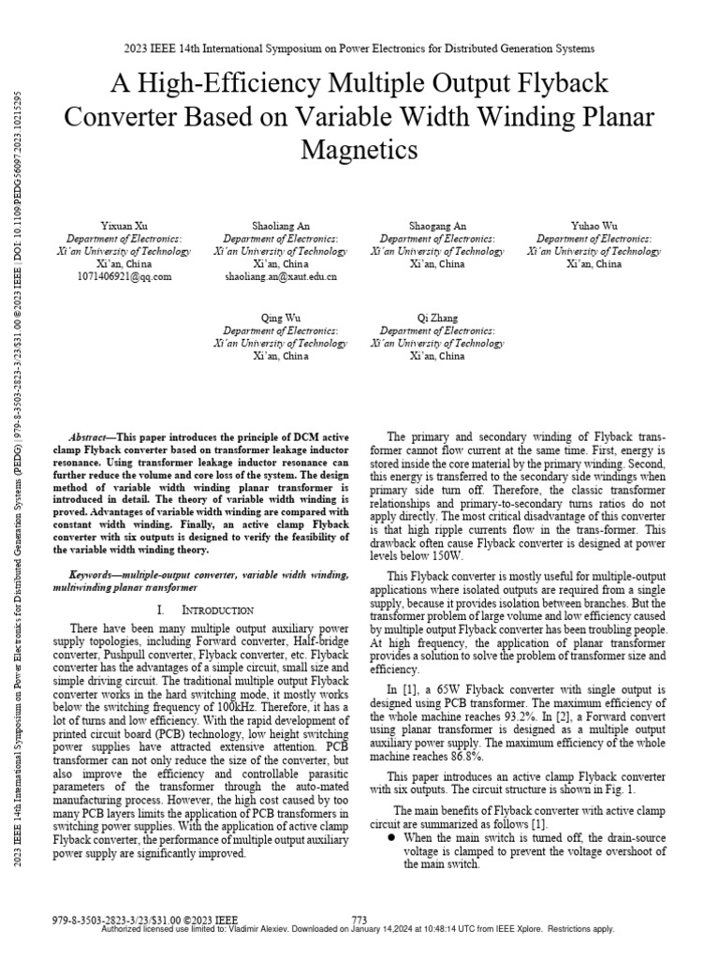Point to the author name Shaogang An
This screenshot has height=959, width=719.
(437, 226)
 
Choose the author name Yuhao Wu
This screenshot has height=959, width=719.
(594, 226)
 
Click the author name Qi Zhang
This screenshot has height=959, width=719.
(437, 318)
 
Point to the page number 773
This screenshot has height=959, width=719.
(359, 920)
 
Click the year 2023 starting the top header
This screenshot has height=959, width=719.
(136, 48)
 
